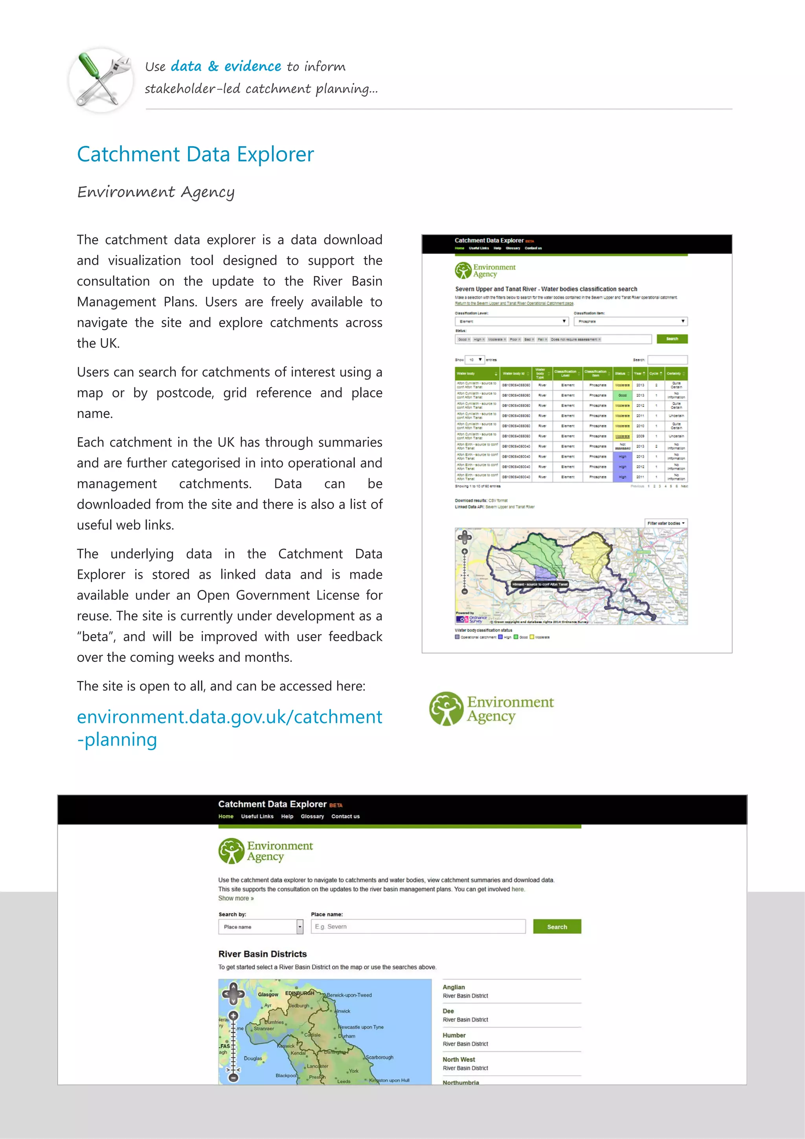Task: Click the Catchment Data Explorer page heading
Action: (195, 154)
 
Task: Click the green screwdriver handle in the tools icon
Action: (89, 67)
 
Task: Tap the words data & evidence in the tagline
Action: (226, 66)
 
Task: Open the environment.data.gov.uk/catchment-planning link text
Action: (229, 727)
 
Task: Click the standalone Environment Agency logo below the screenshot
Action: (491, 709)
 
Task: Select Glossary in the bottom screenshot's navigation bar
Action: (312, 817)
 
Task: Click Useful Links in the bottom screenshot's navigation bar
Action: (257, 817)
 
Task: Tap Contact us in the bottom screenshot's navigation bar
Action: (345, 817)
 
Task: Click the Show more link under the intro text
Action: (235, 898)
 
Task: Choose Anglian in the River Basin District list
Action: (453, 987)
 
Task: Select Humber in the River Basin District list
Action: (454, 1035)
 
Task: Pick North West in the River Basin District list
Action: (459, 1059)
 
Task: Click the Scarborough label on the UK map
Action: (380, 1057)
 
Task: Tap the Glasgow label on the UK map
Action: (268, 994)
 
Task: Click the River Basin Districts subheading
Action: (263, 954)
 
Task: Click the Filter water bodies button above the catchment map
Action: (665, 523)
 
